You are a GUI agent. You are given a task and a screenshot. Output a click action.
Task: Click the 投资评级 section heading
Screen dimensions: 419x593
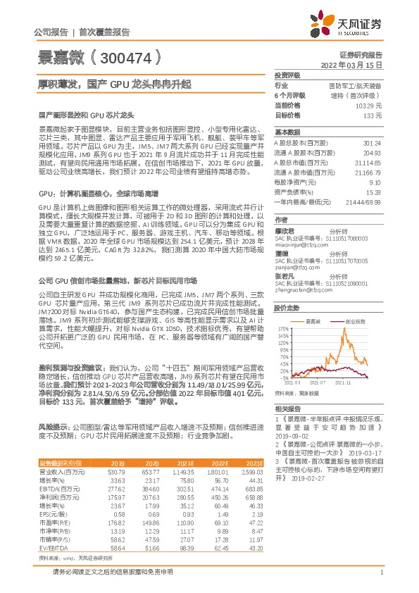pyautogui.click(x=288, y=74)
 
